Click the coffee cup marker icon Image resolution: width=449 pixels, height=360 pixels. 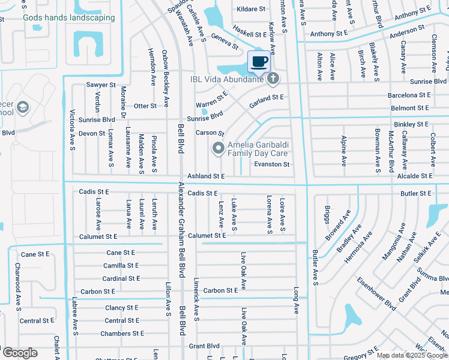coord(259,61)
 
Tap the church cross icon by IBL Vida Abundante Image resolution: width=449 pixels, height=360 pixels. coord(273,78)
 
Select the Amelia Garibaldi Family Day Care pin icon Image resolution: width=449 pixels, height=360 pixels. coord(218,146)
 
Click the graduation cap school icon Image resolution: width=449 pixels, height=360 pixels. coord(23,107)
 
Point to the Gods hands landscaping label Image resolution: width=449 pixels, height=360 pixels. coord(68,17)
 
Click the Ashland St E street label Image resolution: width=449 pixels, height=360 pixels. coord(206,176)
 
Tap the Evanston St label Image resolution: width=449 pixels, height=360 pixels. coord(272,164)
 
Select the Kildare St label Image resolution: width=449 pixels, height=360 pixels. coord(251,9)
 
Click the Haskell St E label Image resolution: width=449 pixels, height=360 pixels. coord(249,35)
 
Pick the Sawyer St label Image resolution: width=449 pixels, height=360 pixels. coord(100,85)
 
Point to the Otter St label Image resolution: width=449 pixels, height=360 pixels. coord(145,106)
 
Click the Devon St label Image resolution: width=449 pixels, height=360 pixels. coord(92,133)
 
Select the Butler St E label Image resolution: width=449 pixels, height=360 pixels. coord(417,193)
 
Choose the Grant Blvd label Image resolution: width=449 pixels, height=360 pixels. coord(205,346)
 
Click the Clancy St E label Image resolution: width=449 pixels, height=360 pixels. coord(122,308)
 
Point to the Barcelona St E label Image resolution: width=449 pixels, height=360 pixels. coord(409,95)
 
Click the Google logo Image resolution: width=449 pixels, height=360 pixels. coord(19,353)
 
